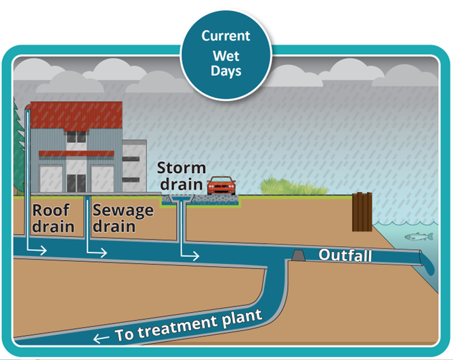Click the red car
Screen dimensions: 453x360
click(221, 185)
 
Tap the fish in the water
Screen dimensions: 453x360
click(419, 236)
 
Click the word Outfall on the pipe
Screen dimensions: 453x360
click(345, 255)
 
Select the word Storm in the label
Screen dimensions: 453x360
click(181, 168)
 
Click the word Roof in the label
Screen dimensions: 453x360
click(51, 210)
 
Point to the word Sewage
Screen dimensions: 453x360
click(123, 210)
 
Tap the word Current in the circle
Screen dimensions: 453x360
click(226, 36)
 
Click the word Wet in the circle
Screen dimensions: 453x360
click(226, 55)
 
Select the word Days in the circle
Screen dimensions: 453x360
click(226, 71)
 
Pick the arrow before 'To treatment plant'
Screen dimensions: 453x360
click(102, 338)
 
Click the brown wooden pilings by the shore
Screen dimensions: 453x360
click(362, 212)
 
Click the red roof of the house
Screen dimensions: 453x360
click(77, 115)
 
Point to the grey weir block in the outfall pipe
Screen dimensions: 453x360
click(299, 255)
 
